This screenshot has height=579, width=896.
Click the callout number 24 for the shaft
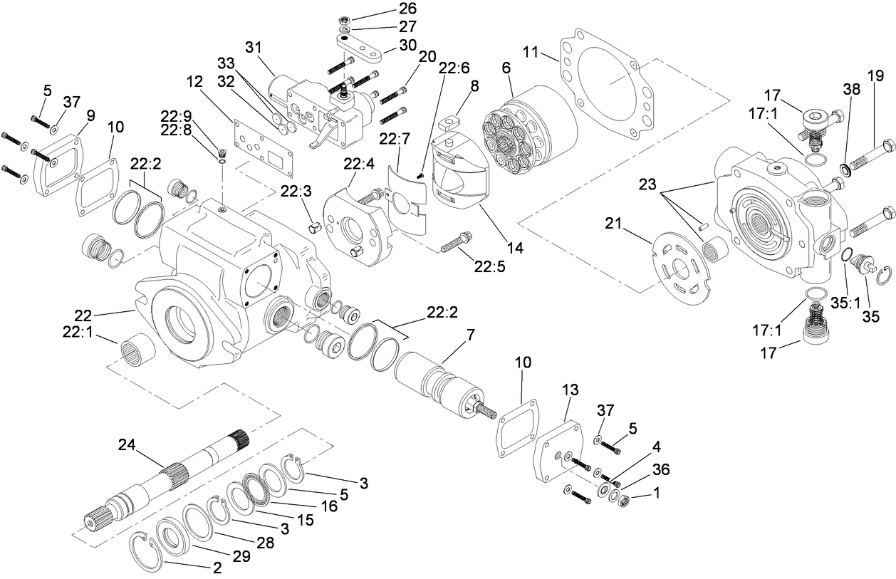[x=125, y=445]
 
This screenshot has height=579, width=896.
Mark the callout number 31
[x=254, y=48]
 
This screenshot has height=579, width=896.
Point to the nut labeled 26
[x=344, y=16]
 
